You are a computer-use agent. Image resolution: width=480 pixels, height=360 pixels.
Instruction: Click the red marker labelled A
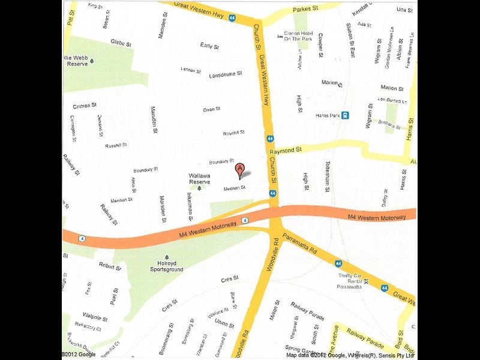240,170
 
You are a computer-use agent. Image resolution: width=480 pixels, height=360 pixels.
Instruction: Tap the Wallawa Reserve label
199,178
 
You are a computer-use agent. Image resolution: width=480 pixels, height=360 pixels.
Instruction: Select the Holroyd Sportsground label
166,266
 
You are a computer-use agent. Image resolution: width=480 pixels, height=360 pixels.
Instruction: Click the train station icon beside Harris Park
346,116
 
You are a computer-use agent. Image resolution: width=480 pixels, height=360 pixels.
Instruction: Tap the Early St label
209,46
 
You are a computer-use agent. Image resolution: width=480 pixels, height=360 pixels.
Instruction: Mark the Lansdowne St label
226,75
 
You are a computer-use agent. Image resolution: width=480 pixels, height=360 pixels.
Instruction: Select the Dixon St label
212,109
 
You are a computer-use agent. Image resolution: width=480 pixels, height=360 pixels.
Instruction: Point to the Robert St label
110,265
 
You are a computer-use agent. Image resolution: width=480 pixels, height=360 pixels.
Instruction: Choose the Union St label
224,325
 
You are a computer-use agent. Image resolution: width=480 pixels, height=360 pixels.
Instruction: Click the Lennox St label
191,70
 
